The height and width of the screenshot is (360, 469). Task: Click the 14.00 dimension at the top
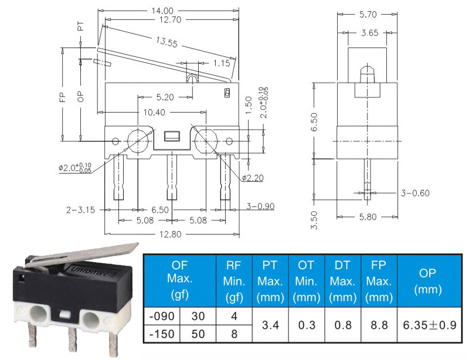coord(162,11)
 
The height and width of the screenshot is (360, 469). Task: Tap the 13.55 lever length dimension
coord(166,42)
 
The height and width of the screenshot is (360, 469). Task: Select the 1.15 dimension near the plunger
coord(222,63)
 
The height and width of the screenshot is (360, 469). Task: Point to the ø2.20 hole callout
coord(253,178)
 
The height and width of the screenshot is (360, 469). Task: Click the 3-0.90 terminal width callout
coord(260,206)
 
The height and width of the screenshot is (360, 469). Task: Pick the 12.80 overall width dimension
coord(170,234)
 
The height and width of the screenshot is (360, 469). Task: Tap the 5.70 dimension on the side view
coord(368,14)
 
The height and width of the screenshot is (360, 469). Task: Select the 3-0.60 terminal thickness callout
coord(415,193)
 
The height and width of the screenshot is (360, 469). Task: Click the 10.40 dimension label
coord(154,113)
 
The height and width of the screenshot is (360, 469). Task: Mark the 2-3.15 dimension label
coord(80,210)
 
